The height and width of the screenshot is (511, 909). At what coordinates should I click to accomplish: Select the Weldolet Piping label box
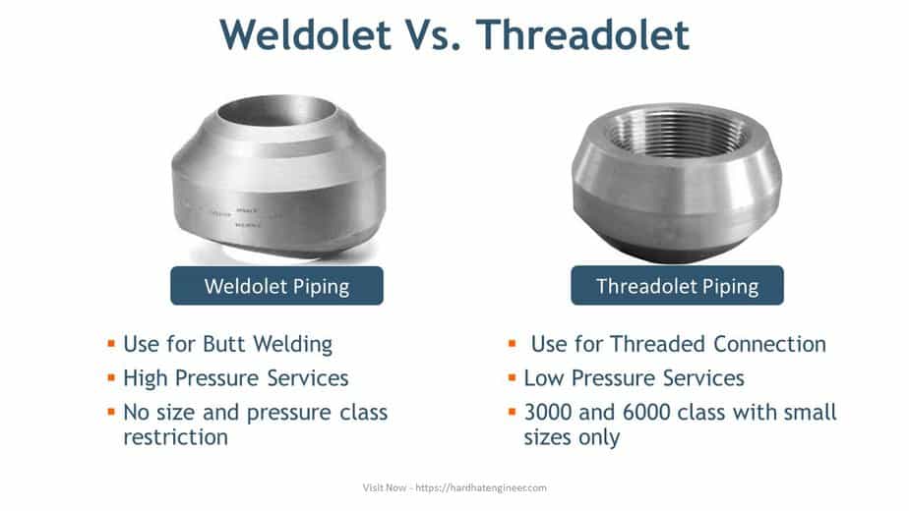point(276,286)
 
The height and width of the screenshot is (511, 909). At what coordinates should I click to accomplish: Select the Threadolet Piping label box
point(677,286)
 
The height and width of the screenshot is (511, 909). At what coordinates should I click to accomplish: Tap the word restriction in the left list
point(175,437)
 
